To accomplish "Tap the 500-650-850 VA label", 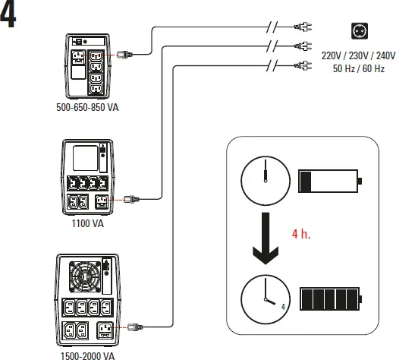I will point(87,108).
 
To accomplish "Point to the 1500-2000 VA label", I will point(87,354).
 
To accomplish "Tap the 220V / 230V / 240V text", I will point(358,55).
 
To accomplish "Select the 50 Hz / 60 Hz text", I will point(358,68).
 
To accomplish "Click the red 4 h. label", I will point(300,235).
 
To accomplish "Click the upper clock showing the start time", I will point(264,182).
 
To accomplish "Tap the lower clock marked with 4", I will point(264,298).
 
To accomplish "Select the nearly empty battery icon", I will point(331,182).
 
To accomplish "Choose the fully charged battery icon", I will point(331,298).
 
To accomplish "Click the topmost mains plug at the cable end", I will point(301,28).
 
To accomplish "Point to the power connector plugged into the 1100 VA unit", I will point(126,201).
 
